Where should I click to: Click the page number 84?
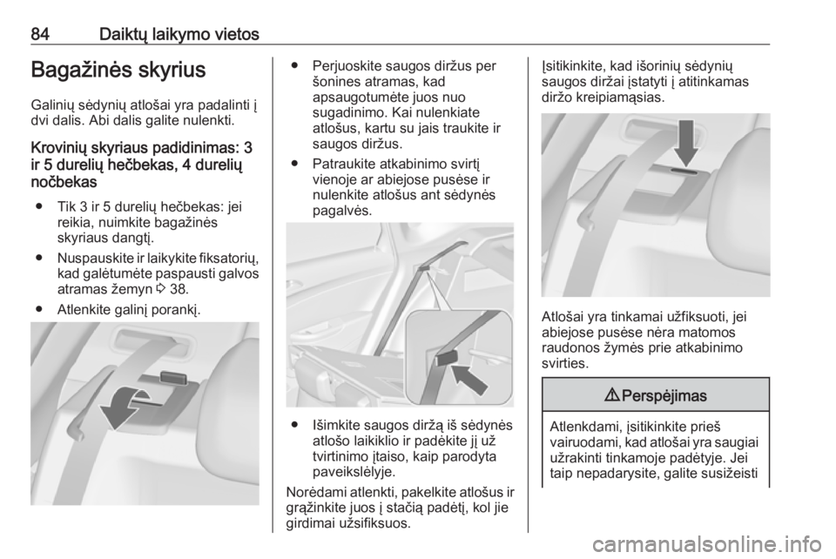40,35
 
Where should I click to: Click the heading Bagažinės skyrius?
118,70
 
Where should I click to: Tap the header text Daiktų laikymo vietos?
179,35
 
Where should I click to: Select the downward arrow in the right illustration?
686,143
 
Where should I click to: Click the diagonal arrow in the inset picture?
469,379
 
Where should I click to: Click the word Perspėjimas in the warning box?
664,396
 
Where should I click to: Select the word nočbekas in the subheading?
64,182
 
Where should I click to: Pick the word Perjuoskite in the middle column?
346,66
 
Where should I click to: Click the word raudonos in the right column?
568,348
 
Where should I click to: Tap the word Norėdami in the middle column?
312,492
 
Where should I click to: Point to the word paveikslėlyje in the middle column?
354,472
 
